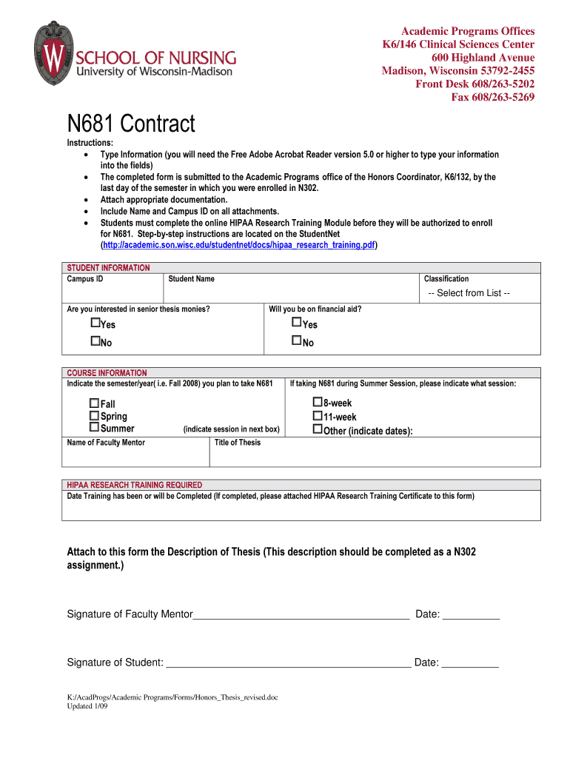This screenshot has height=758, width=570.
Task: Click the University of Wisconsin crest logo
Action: coord(53,53)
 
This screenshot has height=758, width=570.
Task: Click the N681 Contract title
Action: coord(131,124)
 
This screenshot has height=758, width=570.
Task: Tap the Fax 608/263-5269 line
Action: coord(492,98)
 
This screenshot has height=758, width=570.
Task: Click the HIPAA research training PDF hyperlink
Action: coord(238,244)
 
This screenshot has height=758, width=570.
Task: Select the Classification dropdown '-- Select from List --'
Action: coord(469,293)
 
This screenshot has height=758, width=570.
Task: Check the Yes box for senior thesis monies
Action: coord(95,323)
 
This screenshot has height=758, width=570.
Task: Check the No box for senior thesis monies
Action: coord(95,341)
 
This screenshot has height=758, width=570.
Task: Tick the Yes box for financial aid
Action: coord(297,323)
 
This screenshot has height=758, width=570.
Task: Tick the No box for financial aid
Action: coord(297,341)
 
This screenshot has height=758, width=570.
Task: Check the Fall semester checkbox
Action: coord(94,403)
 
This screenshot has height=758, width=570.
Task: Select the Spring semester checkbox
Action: coord(94,415)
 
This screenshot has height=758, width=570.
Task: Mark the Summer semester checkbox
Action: coord(94,427)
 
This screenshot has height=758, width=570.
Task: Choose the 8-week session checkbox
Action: coord(317,402)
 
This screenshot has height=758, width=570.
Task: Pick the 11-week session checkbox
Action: coord(317,415)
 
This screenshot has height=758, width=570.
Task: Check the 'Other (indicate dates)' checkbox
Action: coord(317,429)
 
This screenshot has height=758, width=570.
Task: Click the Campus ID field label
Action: coord(85,279)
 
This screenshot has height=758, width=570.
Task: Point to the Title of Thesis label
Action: coord(237,443)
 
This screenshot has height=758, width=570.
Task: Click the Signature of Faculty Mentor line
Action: coord(301,614)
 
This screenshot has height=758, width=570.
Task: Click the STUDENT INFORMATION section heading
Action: coord(108,267)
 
